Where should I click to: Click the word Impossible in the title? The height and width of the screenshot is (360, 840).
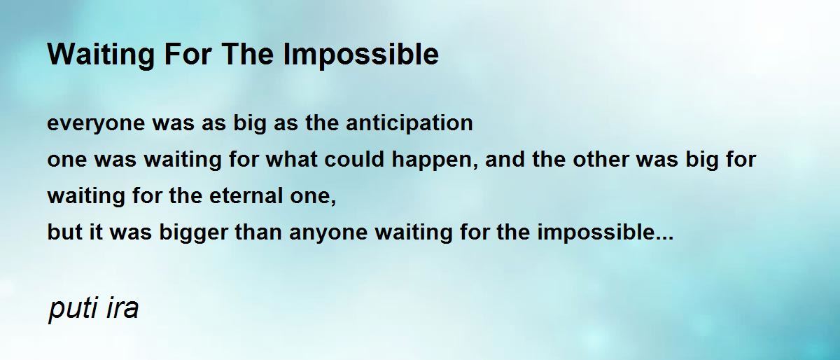[360, 55]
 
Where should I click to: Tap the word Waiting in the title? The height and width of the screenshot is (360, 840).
[101, 55]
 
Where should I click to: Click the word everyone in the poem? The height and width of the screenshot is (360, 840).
[96, 124]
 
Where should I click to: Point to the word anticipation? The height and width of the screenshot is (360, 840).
[409, 123]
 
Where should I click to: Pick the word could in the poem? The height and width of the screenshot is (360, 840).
[354, 159]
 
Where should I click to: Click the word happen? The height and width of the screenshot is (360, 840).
[434, 160]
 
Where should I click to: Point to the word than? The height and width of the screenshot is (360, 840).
[258, 232]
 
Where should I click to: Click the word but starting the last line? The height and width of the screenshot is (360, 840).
[65, 232]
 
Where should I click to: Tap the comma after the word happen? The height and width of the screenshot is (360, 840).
[477, 165]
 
